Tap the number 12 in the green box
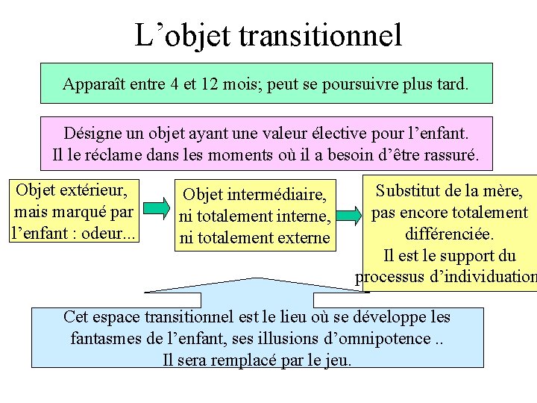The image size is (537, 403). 209,84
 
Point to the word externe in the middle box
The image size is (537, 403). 301,238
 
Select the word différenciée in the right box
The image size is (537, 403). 449,234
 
